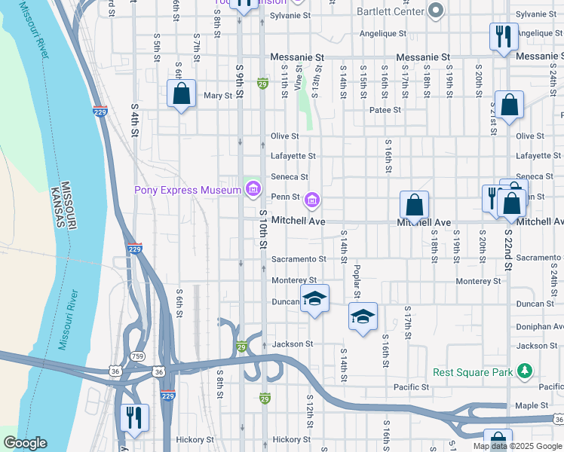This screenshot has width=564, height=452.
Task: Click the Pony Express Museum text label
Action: point(187,190)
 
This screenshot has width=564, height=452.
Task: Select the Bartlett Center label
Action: point(391,10)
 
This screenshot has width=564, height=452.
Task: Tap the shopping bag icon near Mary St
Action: point(181,95)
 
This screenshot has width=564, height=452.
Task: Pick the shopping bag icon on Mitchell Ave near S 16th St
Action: point(414,205)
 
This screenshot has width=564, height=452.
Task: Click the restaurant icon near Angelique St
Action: point(503,37)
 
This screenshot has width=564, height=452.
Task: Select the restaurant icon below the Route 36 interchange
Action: point(134,417)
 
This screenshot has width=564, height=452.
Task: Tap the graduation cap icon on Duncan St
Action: point(315,299)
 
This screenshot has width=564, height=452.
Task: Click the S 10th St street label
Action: point(263,230)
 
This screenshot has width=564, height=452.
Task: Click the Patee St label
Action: point(385,110)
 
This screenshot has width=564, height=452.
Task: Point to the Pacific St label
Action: point(411,387)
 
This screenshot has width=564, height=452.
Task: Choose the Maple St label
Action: point(532,405)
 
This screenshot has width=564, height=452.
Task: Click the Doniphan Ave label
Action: point(540,327)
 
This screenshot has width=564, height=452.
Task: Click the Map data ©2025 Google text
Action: point(516,446)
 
